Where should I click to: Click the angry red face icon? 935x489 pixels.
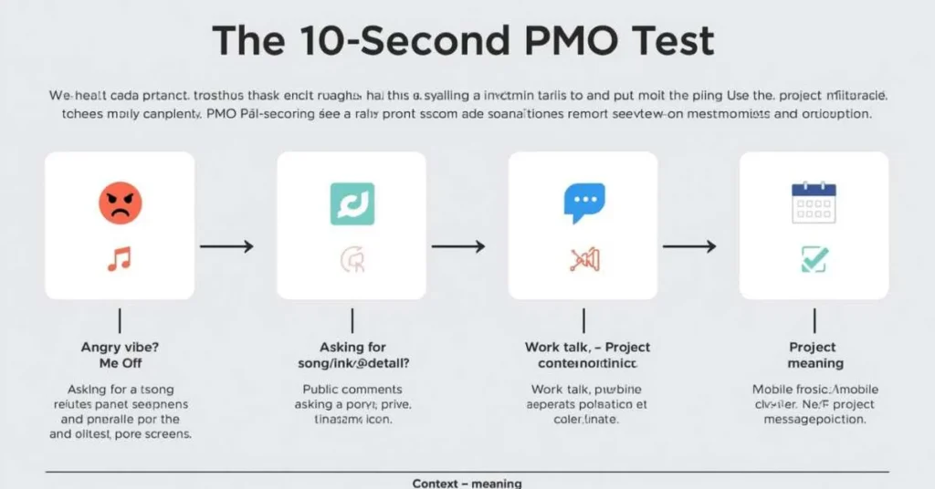pos(120,202)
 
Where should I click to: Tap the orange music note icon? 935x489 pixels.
pos(119,259)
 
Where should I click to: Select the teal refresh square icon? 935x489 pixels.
pos(352,203)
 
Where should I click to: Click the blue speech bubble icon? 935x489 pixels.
pos(583,203)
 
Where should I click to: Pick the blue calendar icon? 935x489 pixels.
pos(814,203)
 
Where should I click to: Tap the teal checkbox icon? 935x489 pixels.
pos(814,259)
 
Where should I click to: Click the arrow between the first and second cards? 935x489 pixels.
pos(226,246)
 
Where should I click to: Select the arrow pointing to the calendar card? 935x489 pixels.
pos(689,246)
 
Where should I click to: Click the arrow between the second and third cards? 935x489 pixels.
pos(457,246)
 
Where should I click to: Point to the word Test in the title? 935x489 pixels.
pos(676,42)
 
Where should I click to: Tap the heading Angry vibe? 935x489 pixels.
pos(119,348)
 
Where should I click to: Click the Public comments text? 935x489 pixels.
pos(352,390)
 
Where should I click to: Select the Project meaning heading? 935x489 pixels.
pos(813,356)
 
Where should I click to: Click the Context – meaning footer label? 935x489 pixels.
pos(467,483)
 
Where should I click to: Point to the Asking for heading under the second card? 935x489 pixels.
pos(352,348)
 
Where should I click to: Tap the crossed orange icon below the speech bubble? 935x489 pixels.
pos(583,260)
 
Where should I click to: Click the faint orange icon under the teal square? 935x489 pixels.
pos(352,261)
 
